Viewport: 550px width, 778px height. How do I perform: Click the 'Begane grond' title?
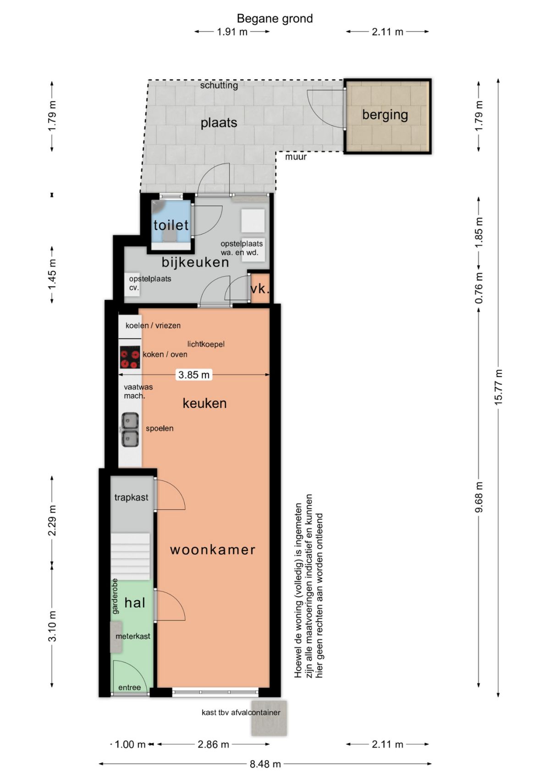click(275, 18)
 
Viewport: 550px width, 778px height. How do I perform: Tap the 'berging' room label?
click(385, 114)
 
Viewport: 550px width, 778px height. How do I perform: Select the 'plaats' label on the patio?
click(219, 122)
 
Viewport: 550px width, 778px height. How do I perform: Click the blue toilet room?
click(171, 221)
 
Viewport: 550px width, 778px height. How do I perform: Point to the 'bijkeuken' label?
click(195, 262)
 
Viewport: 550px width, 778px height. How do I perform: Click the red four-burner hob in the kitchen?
click(130, 357)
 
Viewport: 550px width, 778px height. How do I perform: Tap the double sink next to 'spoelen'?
click(130, 430)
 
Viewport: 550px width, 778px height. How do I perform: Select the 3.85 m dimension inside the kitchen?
click(194, 375)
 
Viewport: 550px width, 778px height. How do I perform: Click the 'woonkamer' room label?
click(213, 550)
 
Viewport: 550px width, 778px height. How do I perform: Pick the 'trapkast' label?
click(131, 497)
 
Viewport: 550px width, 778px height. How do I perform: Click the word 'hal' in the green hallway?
click(135, 602)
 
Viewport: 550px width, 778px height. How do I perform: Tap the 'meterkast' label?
click(133, 636)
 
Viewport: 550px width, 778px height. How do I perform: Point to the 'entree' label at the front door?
click(130, 687)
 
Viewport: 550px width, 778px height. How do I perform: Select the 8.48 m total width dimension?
click(265, 764)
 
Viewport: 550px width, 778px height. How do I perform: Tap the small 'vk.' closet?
click(260, 288)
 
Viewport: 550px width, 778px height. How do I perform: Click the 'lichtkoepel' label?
click(206, 344)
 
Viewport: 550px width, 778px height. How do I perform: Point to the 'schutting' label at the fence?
click(219, 85)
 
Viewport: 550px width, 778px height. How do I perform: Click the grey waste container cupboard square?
click(269, 717)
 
